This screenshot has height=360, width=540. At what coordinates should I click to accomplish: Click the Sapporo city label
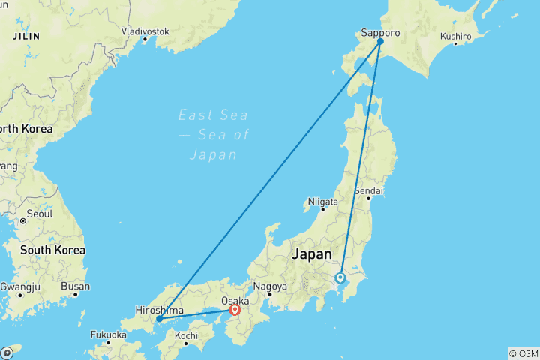click(x=380, y=33)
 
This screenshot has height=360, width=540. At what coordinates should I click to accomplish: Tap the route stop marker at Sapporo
click(x=380, y=42)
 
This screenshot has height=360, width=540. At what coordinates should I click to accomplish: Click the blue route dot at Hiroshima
click(x=159, y=319)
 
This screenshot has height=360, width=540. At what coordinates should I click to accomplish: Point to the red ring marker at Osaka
click(x=235, y=310)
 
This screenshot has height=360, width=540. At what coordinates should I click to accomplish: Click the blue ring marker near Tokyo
click(x=340, y=277)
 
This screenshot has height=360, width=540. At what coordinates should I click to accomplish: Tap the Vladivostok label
click(x=145, y=31)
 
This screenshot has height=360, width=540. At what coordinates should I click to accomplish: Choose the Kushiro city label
click(x=455, y=36)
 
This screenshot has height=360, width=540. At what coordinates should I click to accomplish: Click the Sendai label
click(x=370, y=190)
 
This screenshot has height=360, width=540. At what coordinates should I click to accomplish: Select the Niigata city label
click(x=323, y=202)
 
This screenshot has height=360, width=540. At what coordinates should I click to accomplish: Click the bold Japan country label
click(x=310, y=254)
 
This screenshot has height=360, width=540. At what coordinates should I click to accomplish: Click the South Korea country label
click(x=52, y=250)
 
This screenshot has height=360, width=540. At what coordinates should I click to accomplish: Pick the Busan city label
click(x=76, y=286)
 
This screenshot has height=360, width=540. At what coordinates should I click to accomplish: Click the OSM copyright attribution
click(x=523, y=352)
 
